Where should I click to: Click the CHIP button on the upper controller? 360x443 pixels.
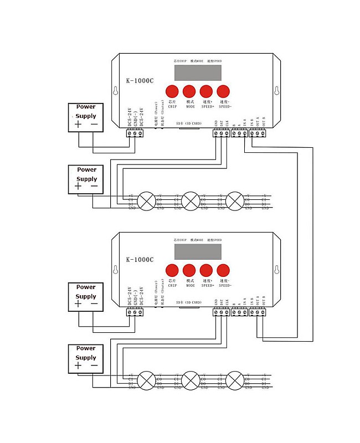(x=172, y=91)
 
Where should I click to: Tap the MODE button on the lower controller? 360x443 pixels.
(x=189, y=271)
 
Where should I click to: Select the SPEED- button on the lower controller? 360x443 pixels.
(x=223, y=271)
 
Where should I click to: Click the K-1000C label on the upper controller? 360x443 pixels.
(x=140, y=80)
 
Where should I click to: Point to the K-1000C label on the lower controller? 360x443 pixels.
(x=140, y=259)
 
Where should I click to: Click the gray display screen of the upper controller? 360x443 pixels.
(x=198, y=73)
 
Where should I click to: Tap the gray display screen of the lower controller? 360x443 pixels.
(x=198, y=252)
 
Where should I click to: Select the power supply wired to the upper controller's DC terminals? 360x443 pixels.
(x=86, y=117)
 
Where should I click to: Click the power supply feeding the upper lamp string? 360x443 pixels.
(x=86, y=179)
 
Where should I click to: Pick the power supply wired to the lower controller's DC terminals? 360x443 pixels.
(x=86, y=296)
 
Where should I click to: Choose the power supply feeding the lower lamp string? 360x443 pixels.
(x=86, y=358)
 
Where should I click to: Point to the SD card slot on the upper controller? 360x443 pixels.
(x=188, y=129)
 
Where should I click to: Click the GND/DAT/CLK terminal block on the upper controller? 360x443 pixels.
(x=221, y=133)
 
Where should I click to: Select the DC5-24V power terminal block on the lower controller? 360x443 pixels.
(x=135, y=312)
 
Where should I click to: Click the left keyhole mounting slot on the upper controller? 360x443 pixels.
(x=115, y=91)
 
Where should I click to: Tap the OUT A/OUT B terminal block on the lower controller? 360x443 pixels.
(x=258, y=312)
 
